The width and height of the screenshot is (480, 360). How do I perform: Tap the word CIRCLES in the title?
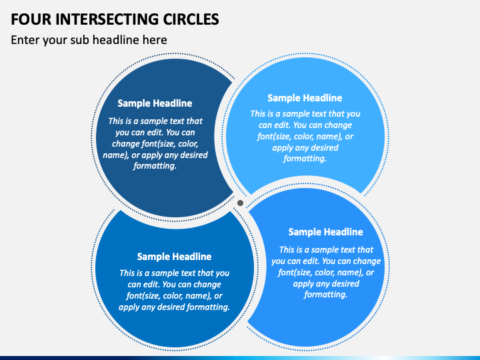tap(191, 19)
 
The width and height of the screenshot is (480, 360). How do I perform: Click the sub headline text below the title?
tap(89, 40)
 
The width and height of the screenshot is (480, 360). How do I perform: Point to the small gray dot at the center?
tap(240, 203)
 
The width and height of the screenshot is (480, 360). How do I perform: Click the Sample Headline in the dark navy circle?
tap(155, 103)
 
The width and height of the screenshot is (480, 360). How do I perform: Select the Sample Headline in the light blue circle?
tap(305, 98)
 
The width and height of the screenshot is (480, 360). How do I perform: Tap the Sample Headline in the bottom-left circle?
tap(174, 257)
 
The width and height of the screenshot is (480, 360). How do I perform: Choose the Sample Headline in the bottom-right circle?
tap(326, 232)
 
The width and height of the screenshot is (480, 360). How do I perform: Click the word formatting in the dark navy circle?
tap(155, 166)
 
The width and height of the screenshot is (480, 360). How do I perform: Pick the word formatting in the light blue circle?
tap(305, 159)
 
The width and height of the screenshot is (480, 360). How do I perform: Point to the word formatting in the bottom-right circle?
tap(326, 295)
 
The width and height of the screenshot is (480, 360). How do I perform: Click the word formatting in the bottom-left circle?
tap(208, 307)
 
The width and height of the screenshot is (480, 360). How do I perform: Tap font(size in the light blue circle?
tap(274, 137)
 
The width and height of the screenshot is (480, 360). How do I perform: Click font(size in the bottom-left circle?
tap(143, 296)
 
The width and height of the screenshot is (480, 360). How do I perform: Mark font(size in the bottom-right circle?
tap(295, 273)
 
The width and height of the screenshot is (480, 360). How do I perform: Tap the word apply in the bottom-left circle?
tap(129, 307)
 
